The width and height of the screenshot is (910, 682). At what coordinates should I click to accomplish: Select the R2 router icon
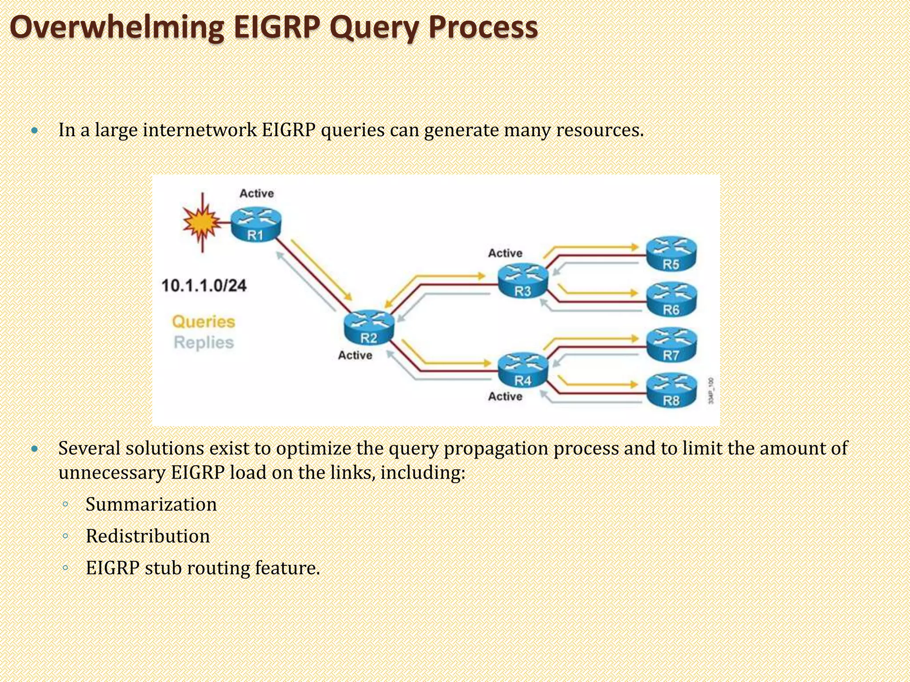point(369,328)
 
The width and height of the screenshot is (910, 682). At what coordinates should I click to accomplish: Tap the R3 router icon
point(523,281)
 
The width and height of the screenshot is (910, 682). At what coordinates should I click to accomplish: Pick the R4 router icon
point(523,371)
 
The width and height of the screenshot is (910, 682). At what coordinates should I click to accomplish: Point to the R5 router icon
point(671,254)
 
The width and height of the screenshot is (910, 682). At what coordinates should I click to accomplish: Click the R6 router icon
point(671,300)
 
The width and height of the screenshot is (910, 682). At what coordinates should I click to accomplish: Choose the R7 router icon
point(671,345)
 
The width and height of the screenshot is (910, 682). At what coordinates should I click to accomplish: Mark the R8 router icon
point(671,391)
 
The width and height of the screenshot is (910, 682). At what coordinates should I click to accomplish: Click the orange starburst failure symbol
point(202,222)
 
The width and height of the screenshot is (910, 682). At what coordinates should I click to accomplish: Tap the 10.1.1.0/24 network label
point(204,285)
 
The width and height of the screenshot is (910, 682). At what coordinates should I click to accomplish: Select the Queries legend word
point(204,321)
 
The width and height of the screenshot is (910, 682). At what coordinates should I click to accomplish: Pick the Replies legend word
point(204,342)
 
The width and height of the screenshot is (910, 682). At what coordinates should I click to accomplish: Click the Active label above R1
point(257,194)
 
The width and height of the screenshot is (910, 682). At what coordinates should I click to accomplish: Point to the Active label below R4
point(505,397)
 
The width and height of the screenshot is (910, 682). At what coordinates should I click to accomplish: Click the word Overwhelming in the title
point(117,28)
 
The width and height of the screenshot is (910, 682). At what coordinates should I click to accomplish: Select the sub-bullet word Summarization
point(151,504)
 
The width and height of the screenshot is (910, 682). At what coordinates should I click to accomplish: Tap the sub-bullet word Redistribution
point(148,536)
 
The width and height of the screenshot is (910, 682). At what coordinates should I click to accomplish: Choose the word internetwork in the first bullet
point(200,130)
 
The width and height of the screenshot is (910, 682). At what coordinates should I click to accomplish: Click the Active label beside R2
point(355,355)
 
